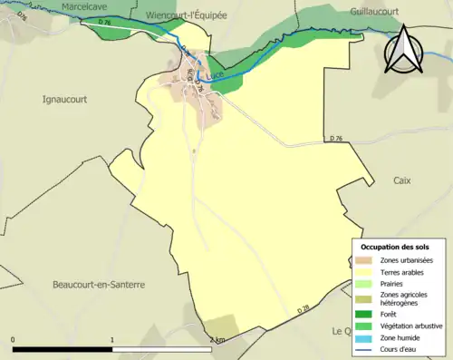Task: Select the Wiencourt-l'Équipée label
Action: tap(187, 15)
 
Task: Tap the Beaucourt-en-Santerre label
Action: tap(98, 284)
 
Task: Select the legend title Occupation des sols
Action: tap(395, 247)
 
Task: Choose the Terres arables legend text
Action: tap(399, 271)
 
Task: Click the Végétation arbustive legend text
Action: tap(407, 326)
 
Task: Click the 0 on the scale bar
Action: tap(14, 340)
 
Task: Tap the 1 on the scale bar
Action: tap(112, 340)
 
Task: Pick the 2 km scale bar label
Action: tap(217, 340)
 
